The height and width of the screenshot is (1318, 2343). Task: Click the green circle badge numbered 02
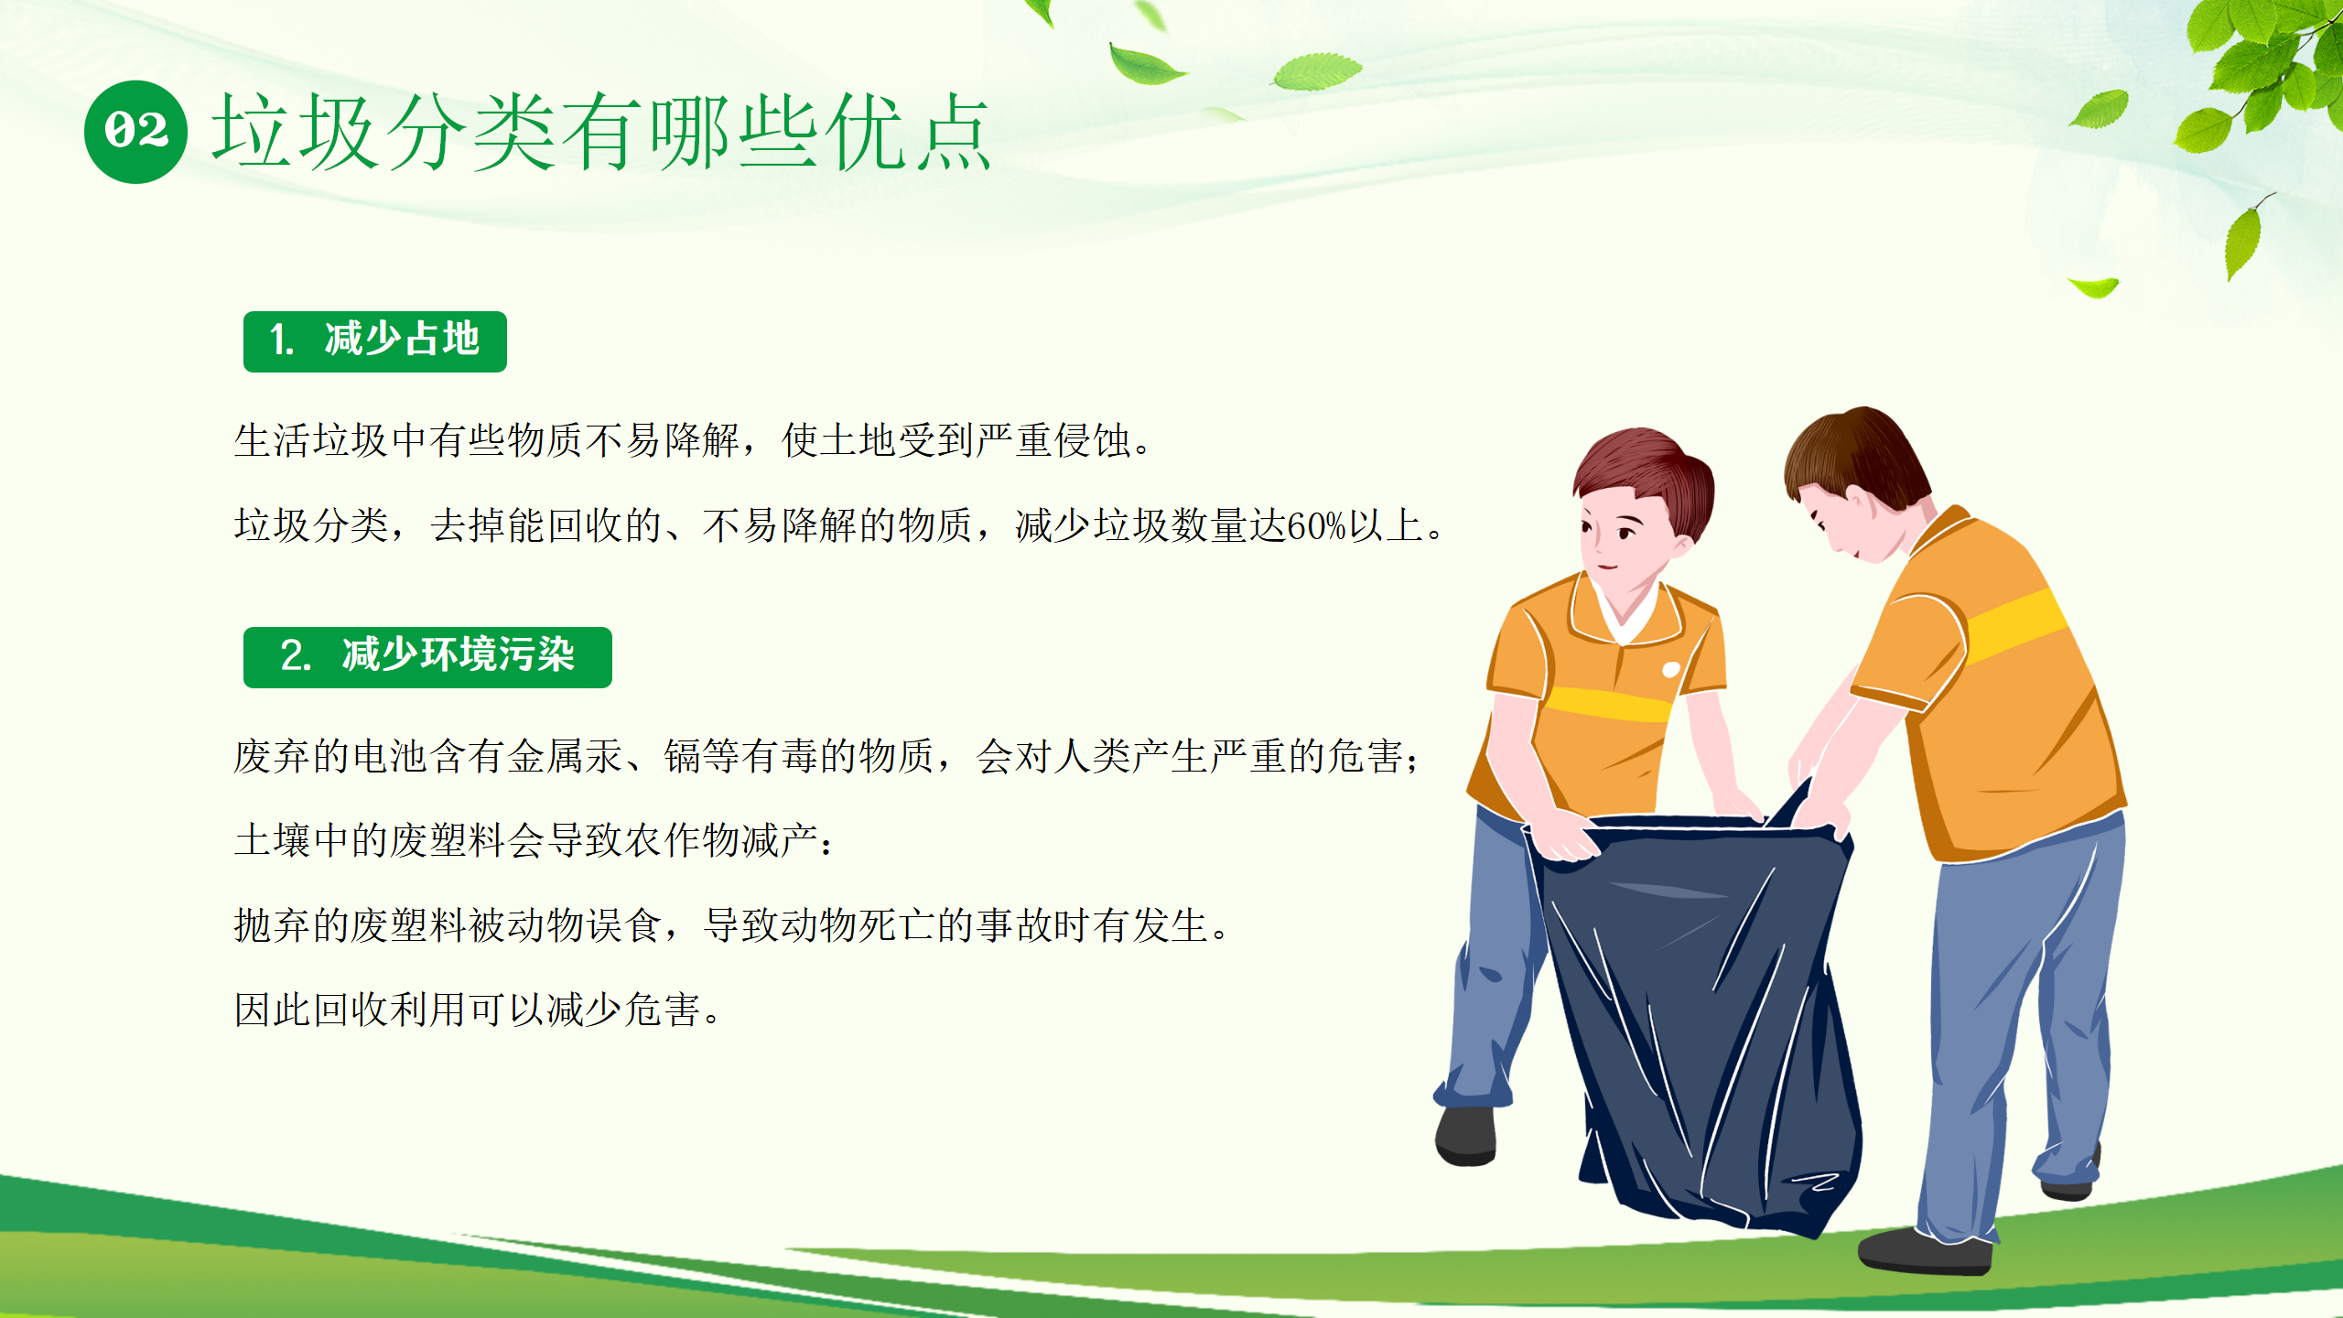point(135,132)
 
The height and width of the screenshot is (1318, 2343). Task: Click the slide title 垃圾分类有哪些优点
point(601,132)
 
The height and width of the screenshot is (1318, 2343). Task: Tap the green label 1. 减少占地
point(375,341)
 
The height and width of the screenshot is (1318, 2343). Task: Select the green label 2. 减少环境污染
point(427,657)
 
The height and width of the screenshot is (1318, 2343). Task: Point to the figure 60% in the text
point(1316,526)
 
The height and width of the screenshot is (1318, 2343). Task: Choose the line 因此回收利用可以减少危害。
point(478,1010)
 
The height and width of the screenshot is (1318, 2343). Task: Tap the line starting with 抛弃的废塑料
point(731,925)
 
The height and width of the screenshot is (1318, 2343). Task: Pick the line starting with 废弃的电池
point(827,756)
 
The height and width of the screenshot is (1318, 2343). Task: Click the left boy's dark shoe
point(1466,1136)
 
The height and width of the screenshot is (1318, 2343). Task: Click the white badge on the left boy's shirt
point(1670,670)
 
